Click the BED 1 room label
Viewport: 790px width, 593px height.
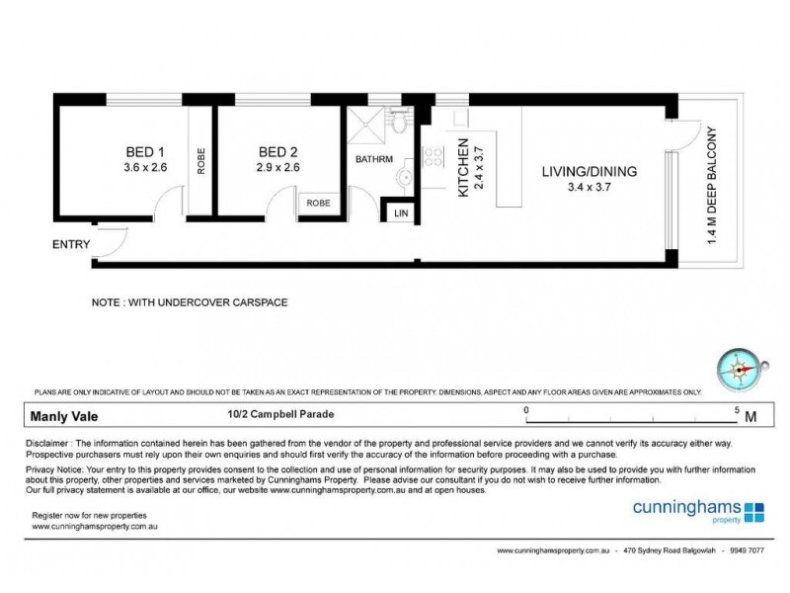coord(144,152)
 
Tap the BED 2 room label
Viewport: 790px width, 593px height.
coord(277,152)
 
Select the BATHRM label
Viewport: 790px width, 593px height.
coord(374,159)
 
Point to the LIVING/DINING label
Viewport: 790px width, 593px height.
coord(589,171)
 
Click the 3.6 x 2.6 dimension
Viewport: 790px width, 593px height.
coord(145,168)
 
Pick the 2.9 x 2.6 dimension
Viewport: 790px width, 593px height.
coord(277,168)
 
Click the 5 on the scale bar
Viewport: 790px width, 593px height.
coord(737,409)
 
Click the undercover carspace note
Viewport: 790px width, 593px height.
coord(190,302)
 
